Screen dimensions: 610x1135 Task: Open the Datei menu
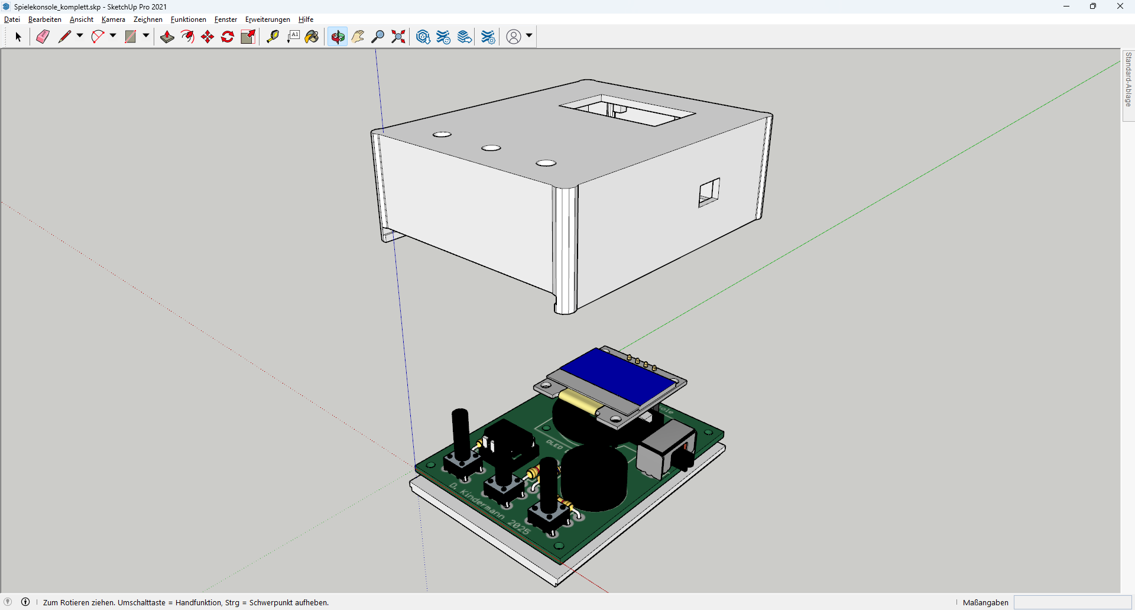(x=12, y=20)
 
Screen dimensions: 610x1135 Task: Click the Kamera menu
(x=113, y=20)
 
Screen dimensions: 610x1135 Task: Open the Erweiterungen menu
(x=267, y=20)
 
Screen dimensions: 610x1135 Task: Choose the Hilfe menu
(x=306, y=20)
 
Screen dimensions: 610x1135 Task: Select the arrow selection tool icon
(x=18, y=37)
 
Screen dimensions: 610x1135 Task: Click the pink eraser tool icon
(x=43, y=37)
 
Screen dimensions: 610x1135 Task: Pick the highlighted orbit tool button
(x=338, y=37)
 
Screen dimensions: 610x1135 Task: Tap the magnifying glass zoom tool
(x=378, y=37)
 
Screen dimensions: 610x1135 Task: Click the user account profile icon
(x=514, y=37)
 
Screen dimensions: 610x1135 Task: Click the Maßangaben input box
(x=1072, y=602)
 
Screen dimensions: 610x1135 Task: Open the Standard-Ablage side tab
(x=1128, y=79)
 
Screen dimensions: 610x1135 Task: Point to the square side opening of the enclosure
(x=709, y=192)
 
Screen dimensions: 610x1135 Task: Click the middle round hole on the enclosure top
(x=491, y=148)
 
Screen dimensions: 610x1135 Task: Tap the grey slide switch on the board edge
(x=666, y=449)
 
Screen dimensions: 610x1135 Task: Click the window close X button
(x=1120, y=7)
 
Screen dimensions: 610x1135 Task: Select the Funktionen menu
(x=188, y=20)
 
